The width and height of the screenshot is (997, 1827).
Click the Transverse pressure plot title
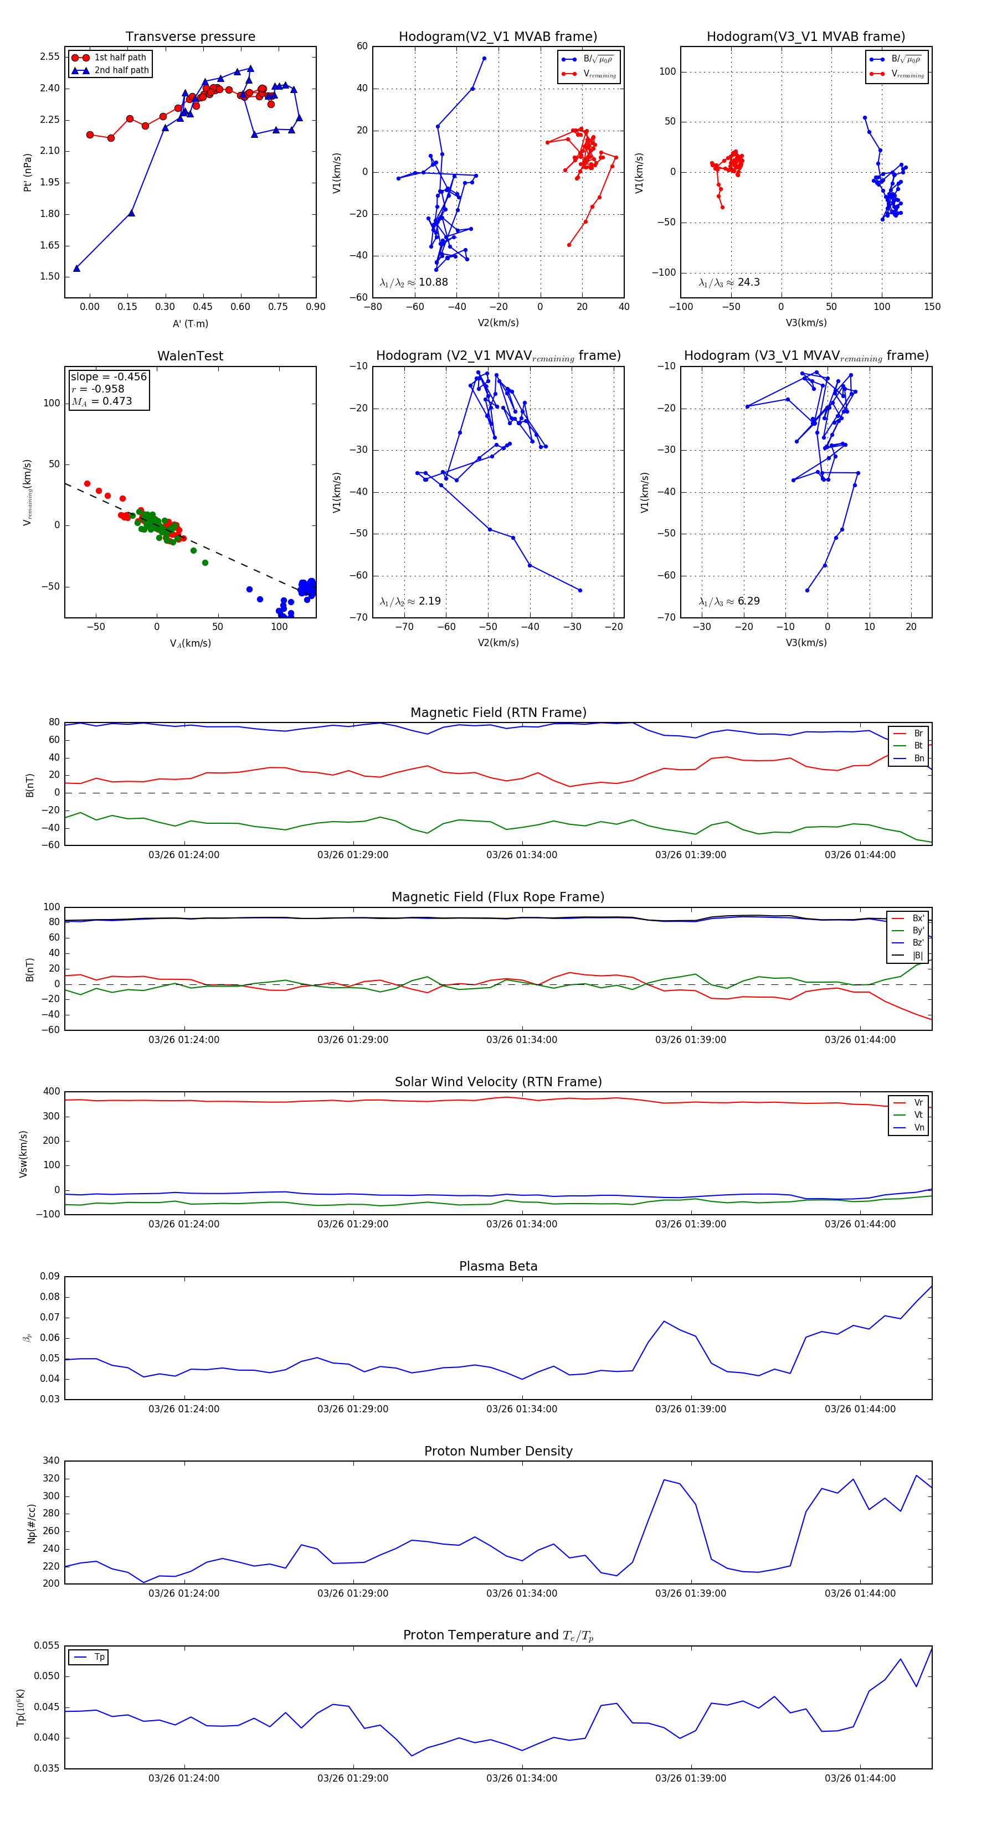190,37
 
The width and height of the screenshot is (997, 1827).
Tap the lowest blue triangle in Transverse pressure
76,268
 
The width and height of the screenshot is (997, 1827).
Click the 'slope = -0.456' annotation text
109,376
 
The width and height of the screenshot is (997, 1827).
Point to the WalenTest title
190,356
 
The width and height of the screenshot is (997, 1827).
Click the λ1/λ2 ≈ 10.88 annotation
414,282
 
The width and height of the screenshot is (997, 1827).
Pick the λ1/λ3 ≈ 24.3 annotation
729,282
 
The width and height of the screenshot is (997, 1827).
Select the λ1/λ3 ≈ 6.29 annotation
729,601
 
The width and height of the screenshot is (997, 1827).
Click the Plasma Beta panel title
498,1267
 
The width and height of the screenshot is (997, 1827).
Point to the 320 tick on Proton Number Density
50,1479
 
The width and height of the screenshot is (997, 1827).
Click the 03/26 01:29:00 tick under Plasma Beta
353,1409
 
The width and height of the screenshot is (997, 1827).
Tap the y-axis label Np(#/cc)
31,1524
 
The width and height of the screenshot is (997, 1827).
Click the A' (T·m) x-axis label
190,324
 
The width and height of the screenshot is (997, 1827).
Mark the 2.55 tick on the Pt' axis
50,56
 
